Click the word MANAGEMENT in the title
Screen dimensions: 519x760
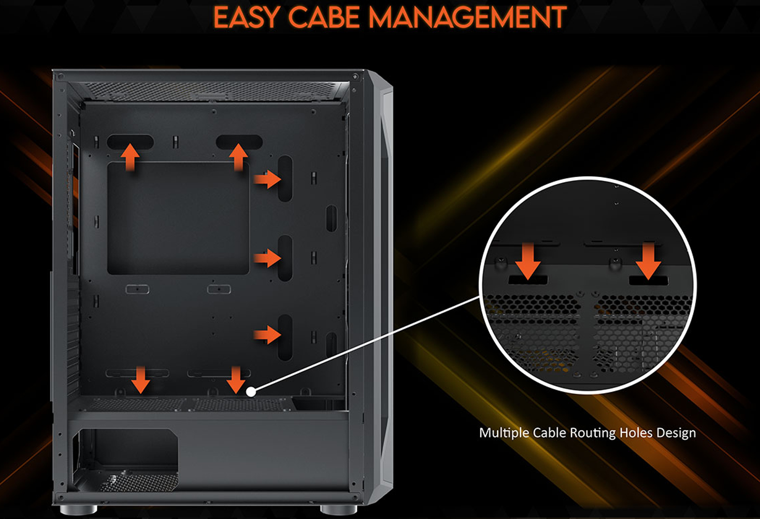tap(467, 18)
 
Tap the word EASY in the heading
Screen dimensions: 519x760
tap(246, 18)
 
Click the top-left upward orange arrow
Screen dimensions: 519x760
tap(130, 157)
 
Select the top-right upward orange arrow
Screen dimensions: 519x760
tap(238, 157)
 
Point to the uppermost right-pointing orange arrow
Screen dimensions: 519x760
tap(267, 179)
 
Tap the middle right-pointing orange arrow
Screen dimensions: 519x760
tap(267, 258)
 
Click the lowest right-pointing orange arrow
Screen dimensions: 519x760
tap(267, 335)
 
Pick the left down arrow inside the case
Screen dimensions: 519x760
tap(140, 379)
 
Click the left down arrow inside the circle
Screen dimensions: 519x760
tap(528, 262)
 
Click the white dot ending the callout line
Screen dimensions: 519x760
tap(251, 392)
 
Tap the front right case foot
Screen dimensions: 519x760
tap(338, 510)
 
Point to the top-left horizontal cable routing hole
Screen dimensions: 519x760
tap(130, 142)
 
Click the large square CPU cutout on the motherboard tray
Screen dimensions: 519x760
tap(178, 218)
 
